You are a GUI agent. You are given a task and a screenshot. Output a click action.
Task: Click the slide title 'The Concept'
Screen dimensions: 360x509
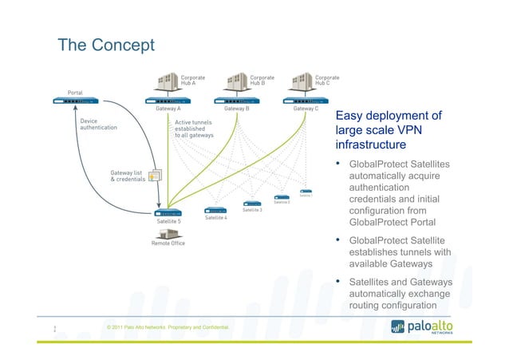(x=106, y=46)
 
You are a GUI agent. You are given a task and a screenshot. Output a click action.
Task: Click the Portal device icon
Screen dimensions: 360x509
(x=78, y=101)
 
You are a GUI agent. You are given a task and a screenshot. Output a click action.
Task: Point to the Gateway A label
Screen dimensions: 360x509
(x=167, y=109)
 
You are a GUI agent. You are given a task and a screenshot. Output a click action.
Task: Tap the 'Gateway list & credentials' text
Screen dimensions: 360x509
(x=128, y=176)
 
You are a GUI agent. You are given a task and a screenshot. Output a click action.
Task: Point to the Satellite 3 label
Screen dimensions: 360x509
(x=251, y=210)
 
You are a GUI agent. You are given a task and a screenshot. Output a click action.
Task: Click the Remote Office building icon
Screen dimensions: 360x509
(x=168, y=233)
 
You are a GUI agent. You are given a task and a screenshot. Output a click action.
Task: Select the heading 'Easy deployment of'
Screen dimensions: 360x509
(x=389, y=117)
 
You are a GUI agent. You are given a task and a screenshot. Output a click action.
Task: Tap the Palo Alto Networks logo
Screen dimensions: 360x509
(x=446, y=326)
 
